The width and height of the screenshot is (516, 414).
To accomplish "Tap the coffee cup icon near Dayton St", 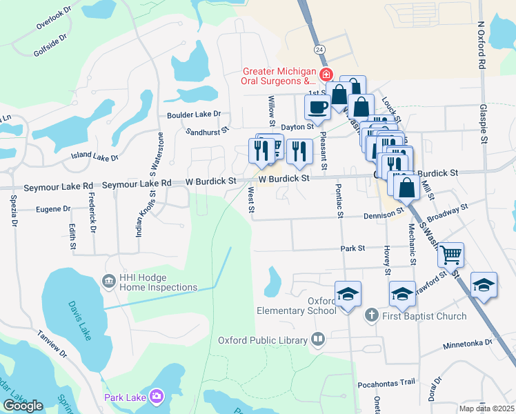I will point(317,108).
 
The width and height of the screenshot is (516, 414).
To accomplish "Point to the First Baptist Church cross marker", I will point(371,315).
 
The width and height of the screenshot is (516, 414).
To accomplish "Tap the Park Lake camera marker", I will point(157,396).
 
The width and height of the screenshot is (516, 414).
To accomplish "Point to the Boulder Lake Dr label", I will point(194,115).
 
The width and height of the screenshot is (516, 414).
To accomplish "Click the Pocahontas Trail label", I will point(386,382).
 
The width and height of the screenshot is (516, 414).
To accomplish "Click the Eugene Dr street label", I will point(53,208).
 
